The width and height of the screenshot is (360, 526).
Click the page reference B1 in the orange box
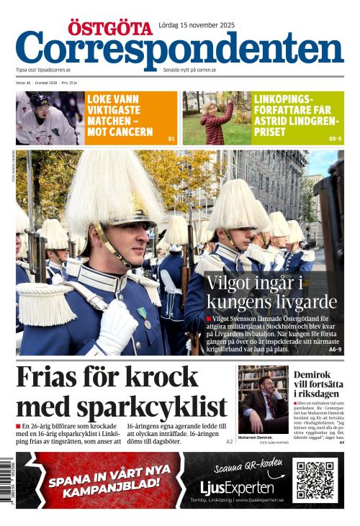click(171, 138)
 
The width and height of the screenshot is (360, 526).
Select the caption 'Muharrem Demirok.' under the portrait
click(255, 437)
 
